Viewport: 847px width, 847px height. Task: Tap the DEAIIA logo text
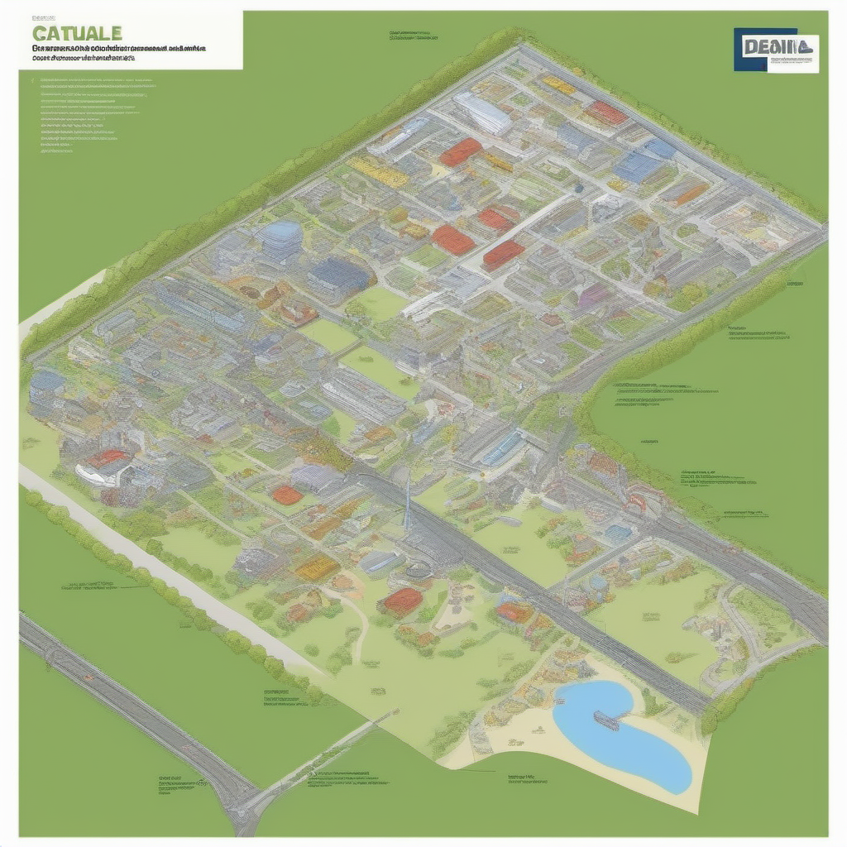click(768, 46)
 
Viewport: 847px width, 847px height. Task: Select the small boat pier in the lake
click(606, 720)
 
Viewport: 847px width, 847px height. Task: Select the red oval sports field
click(287, 495)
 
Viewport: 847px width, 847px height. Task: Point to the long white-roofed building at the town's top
click(483, 112)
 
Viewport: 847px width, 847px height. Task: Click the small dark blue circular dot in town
click(578, 188)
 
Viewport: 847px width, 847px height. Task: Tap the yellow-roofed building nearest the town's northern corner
click(558, 85)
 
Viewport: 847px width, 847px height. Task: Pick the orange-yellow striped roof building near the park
click(317, 567)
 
